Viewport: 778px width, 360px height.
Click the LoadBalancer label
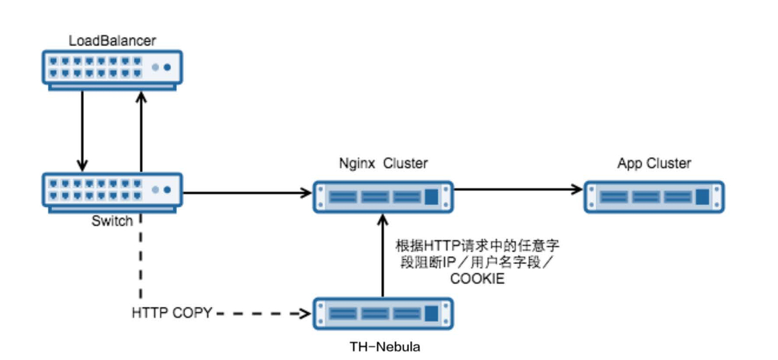coord(112,41)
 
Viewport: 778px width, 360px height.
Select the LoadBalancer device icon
coord(112,70)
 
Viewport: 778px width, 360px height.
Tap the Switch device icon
coord(112,193)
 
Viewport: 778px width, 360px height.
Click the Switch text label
coord(112,221)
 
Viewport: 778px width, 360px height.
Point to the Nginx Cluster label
coord(383,163)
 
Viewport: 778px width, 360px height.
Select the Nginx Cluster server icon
coord(383,197)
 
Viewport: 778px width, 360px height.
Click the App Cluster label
coord(654,163)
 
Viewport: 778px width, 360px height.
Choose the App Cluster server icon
coord(654,197)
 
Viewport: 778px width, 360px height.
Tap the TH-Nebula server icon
coord(383,313)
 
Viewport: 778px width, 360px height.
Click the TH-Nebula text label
coord(385,347)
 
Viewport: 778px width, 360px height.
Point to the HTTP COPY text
coord(172,313)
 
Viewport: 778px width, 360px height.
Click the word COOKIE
coord(477,279)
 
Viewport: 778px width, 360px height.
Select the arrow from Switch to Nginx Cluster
coord(247,193)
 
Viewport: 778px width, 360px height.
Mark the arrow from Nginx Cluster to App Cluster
coord(518,190)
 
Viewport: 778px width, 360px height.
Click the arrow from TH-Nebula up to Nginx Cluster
coord(383,256)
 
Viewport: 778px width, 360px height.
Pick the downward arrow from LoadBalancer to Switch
coord(82,131)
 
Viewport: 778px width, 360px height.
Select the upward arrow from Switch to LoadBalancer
coord(141,131)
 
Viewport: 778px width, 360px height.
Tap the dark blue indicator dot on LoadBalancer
coord(167,67)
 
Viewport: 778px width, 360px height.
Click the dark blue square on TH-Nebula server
coord(431,313)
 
